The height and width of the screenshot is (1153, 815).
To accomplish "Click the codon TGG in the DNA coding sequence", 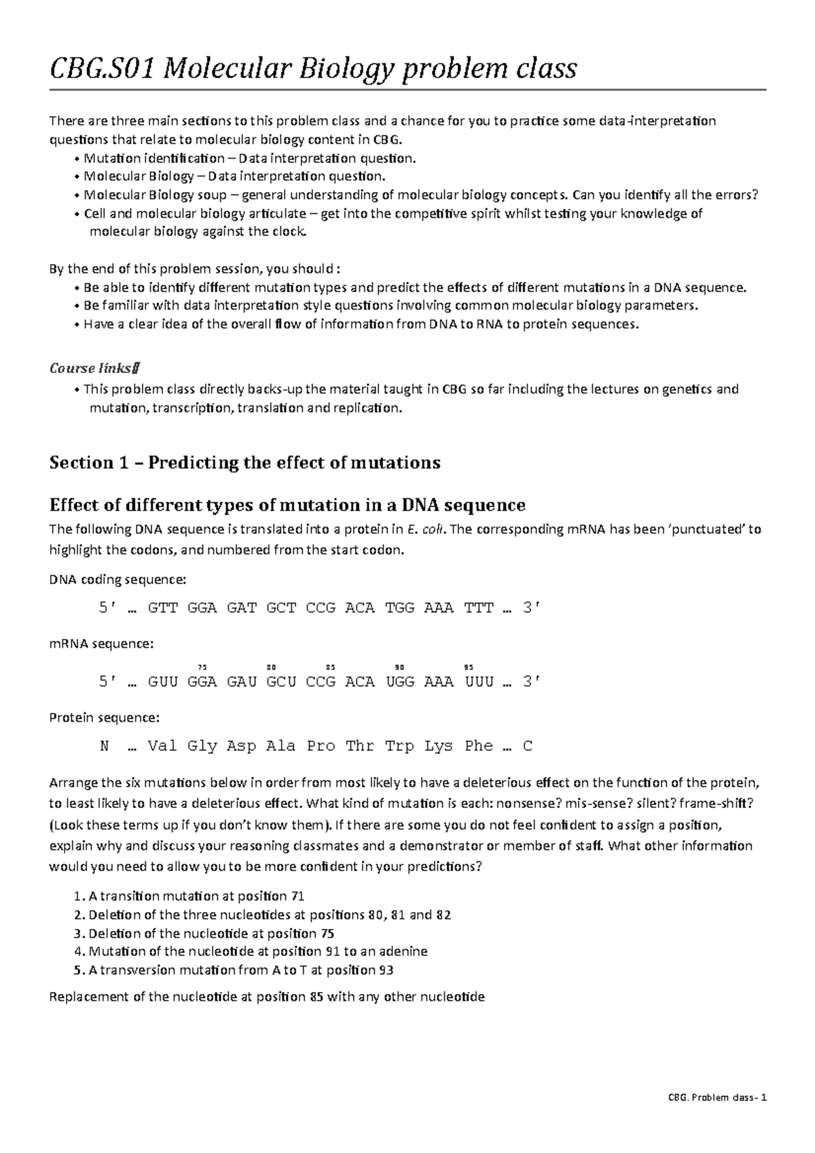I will (400, 608).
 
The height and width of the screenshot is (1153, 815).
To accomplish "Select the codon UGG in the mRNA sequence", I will (400, 682).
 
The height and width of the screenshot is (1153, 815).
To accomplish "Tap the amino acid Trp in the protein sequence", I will (400, 746).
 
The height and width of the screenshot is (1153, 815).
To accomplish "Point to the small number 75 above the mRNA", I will (202, 667).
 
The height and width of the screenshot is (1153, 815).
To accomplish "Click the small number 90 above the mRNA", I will (399, 667).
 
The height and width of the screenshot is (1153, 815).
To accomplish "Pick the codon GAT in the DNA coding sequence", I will (242, 608).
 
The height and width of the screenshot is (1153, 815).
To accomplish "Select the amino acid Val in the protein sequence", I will (162, 746).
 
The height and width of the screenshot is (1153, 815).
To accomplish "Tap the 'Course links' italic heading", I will (94, 369).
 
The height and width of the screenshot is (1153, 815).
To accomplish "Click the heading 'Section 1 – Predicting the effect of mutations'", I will (245, 463).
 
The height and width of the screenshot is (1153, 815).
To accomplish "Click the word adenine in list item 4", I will (405, 951).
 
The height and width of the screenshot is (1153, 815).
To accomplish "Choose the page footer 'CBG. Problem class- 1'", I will (717, 1118).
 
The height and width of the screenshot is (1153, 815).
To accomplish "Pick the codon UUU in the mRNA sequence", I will (479, 682).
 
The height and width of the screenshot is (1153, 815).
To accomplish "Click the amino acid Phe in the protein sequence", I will (479, 746).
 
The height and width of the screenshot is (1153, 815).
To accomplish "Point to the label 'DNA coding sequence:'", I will (117, 580).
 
